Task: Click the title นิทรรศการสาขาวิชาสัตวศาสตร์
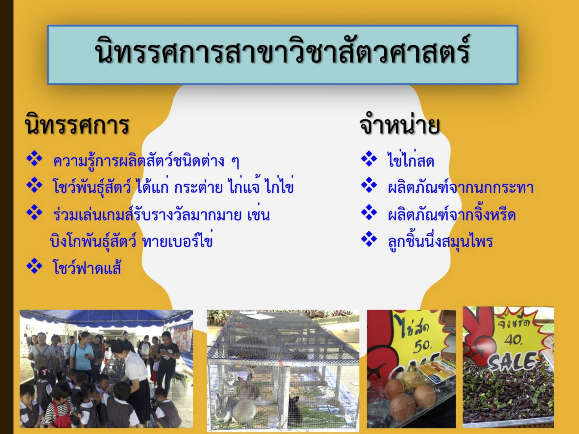(x=282, y=50)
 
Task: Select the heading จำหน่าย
(x=400, y=125)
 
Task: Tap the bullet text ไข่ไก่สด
(x=411, y=159)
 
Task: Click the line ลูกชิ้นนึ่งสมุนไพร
(x=440, y=241)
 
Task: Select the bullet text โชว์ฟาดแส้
(x=87, y=267)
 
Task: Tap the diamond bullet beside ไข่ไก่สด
(x=369, y=159)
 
